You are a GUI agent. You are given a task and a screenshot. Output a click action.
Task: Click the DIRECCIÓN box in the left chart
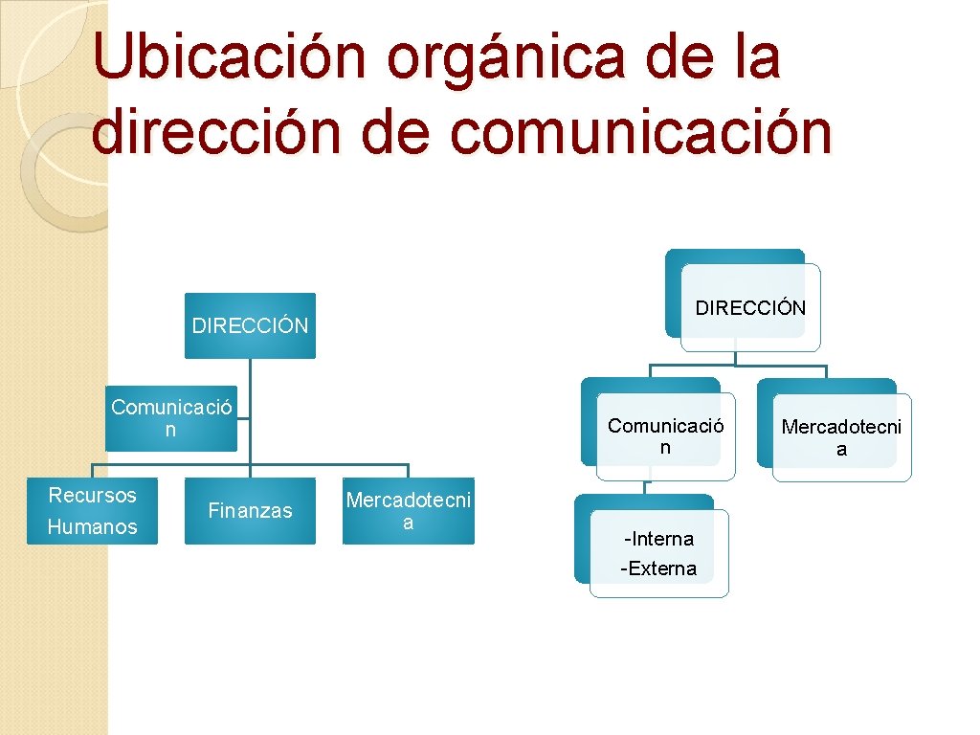pos(250,325)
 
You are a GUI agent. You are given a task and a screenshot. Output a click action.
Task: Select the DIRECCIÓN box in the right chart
pos(750,307)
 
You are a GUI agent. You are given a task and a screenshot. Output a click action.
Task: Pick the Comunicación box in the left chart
pos(171,419)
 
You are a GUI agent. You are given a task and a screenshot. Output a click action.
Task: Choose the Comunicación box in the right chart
pos(665,436)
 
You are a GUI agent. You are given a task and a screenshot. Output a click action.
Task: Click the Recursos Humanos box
pos(92,511)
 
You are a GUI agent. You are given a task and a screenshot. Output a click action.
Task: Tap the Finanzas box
pos(250,511)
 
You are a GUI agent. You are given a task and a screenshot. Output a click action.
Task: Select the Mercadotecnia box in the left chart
pos(408,511)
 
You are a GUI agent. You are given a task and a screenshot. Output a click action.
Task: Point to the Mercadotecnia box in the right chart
pos(841,437)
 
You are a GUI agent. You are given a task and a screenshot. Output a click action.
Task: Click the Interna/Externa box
pos(658,553)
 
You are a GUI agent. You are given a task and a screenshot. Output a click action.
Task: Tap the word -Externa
pos(658,568)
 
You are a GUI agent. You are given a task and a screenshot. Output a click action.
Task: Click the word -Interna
pos(658,539)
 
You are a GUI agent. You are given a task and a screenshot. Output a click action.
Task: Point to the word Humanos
pos(92,526)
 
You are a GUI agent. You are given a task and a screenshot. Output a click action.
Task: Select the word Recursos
pos(92,496)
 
